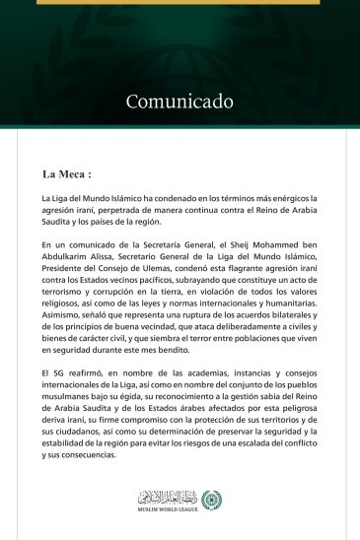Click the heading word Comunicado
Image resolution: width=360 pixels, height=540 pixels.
[179, 101]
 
